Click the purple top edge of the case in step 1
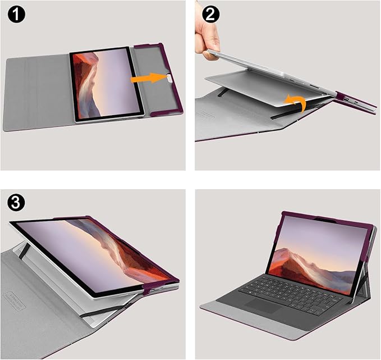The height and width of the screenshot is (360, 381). (149, 45)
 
